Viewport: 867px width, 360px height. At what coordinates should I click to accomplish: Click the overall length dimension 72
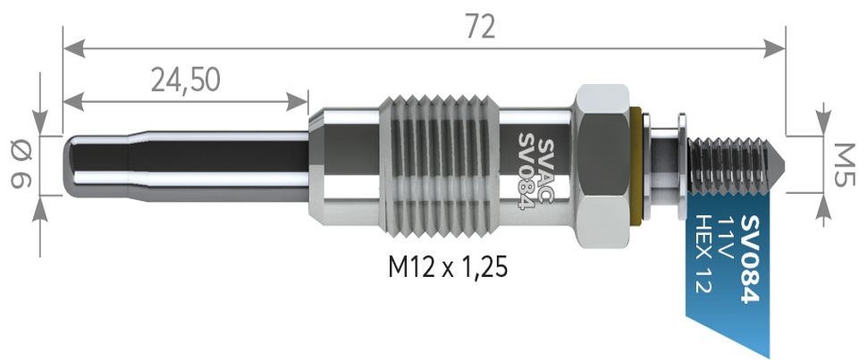point(480,27)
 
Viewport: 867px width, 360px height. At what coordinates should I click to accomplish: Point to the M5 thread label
point(844,165)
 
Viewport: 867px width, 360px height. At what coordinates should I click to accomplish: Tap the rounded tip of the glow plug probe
point(72,166)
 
